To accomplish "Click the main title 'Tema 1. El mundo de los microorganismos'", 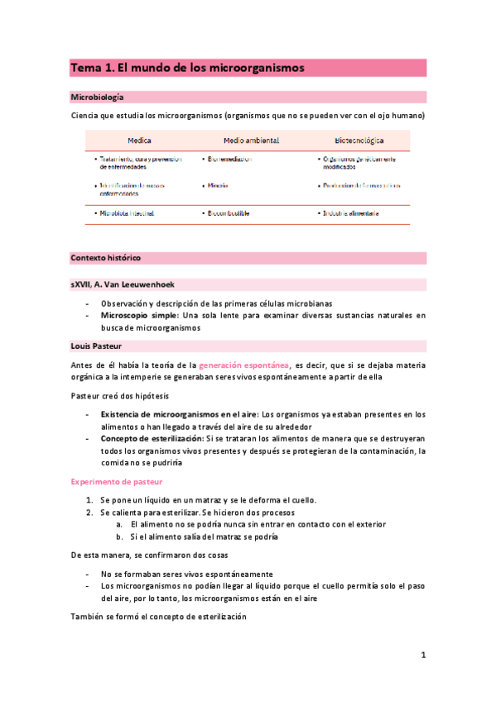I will (187, 67).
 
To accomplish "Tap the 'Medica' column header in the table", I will (139, 141).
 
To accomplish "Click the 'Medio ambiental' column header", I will (251, 141).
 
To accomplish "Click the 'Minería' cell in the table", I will (218, 186).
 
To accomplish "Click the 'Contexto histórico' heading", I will (105, 258).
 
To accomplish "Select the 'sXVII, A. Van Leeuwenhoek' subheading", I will (123, 284).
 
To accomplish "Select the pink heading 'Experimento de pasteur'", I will (116, 481).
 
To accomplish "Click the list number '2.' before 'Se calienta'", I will (90, 513).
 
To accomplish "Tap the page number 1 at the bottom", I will (422, 656).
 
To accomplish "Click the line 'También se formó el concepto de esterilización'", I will (158, 618).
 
